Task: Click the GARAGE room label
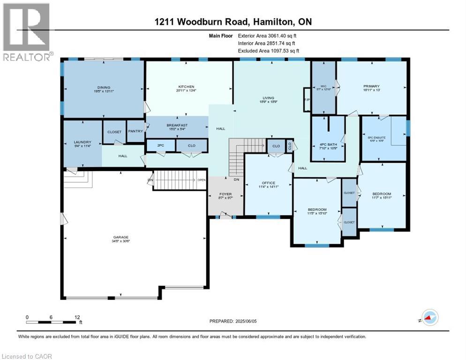pos(120,237)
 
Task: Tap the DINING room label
pos(104,87)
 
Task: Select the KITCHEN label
pos(186,87)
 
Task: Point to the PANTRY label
pos(135,131)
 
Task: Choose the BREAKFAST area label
pos(177,125)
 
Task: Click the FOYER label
pos(226,194)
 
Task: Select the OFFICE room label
pos(268,183)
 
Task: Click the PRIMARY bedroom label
pos(371,86)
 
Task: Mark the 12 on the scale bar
pos(76,316)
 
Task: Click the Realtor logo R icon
pos(26,27)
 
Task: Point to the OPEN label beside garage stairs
pos(201,180)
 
